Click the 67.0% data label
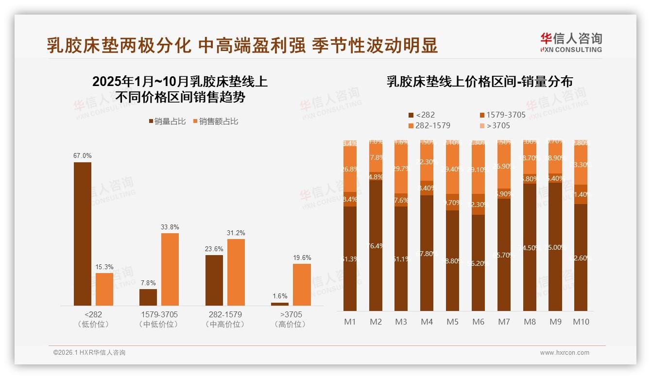click(x=83, y=155)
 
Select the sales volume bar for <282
click(x=83, y=233)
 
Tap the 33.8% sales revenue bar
click(x=170, y=269)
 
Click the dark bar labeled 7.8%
click(x=148, y=297)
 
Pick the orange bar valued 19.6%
click(x=302, y=284)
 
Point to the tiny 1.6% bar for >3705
click(x=280, y=304)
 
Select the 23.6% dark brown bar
click(x=214, y=280)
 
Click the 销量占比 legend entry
click(x=167, y=121)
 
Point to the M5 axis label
click(x=452, y=322)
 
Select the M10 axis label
click(x=581, y=322)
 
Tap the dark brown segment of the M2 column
click(x=376, y=245)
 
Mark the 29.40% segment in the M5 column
click(x=452, y=170)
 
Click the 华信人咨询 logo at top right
click(x=571, y=42)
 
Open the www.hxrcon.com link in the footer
click(x=564, y=353)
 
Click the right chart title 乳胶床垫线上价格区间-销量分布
click(x=480, y=82)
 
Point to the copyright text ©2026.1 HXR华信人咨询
click(x=89, y=353)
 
